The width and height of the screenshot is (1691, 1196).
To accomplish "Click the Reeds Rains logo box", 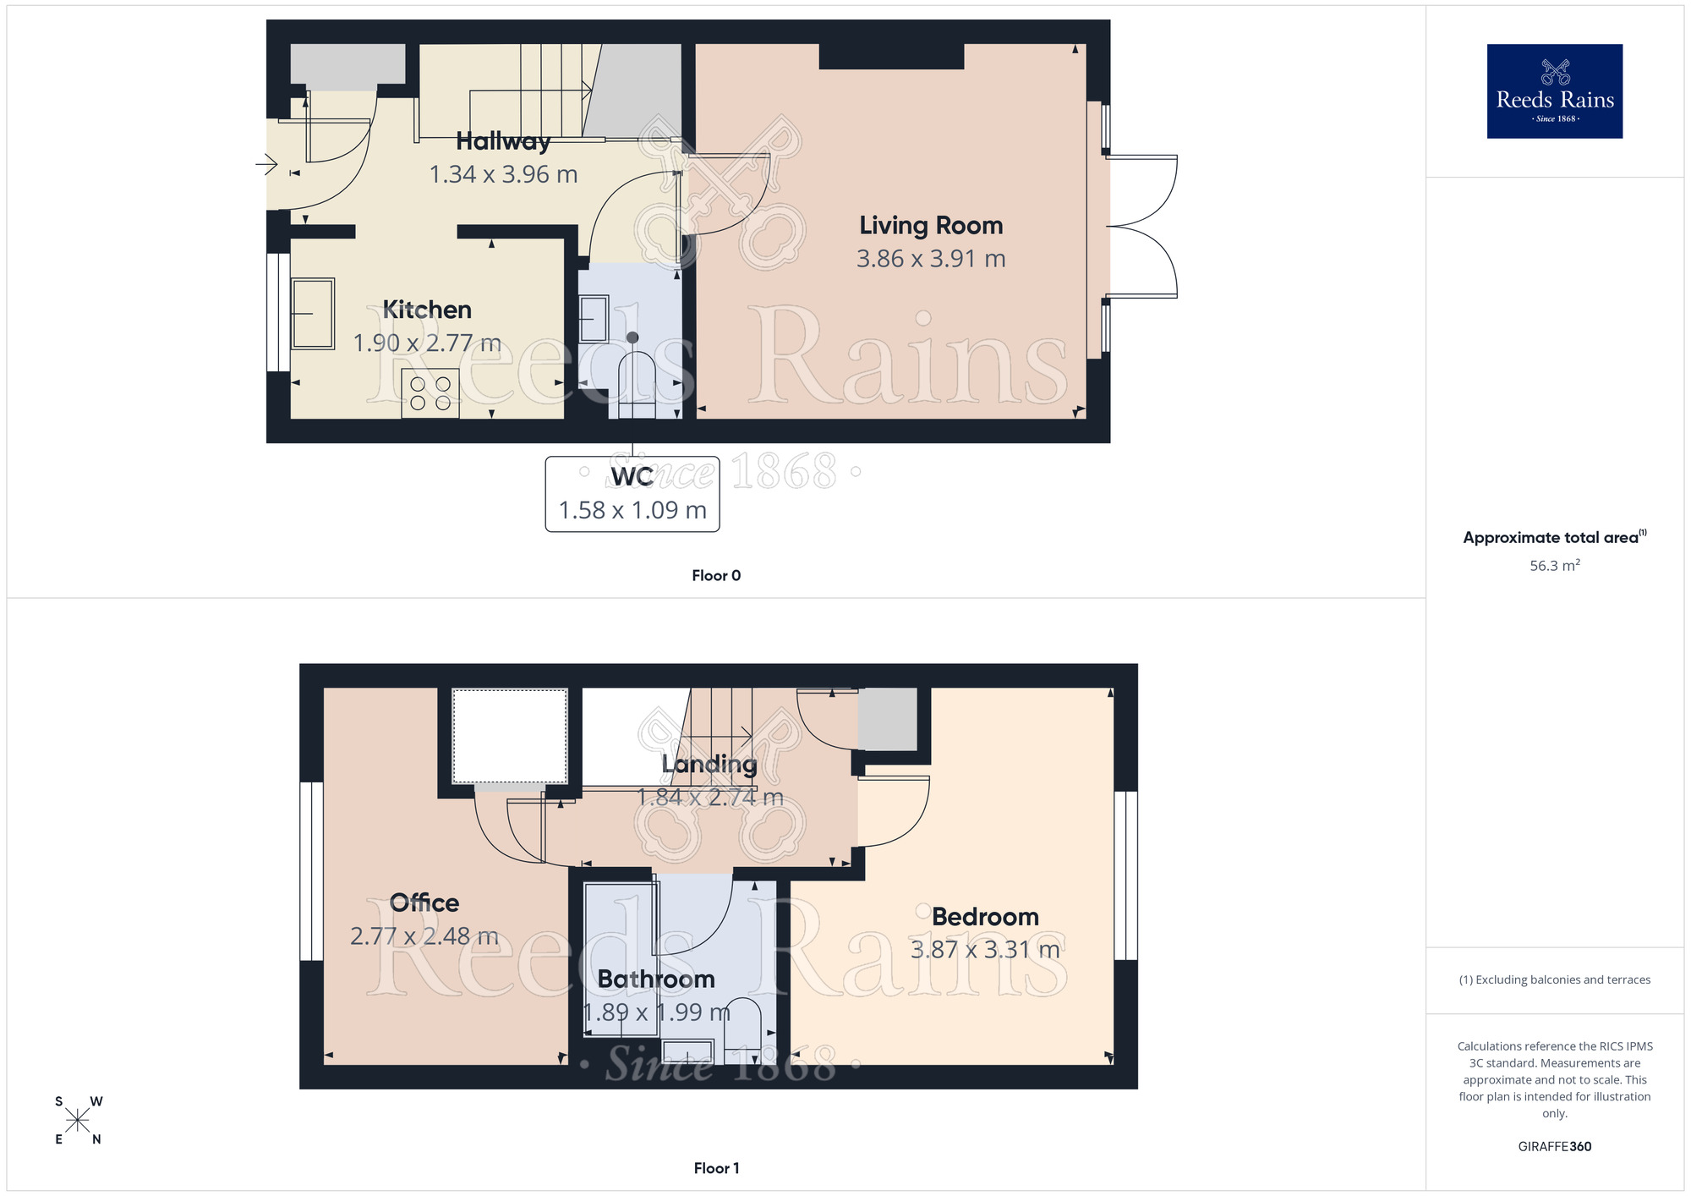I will click(1554, 91).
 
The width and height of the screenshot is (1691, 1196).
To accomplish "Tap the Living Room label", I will click(931, 226).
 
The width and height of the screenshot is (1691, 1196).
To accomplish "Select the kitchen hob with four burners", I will click(430, 393).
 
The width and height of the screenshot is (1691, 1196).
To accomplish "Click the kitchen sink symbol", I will click(313, 314).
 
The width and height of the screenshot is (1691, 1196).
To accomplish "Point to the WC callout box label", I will click(632, 478).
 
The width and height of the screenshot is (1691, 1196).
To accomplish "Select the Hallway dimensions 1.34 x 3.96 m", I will click(503, 175).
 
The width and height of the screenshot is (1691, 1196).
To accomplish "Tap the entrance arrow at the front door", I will click(266, 164).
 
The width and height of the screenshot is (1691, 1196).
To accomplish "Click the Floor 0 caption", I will click(716, 576).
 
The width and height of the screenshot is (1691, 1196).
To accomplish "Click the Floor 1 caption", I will click(716, 1168).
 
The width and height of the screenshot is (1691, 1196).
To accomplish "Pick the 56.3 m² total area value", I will click(1554, 566).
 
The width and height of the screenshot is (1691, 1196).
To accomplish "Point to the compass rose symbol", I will click(78, 1121).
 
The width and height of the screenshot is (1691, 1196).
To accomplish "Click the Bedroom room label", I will click(985, 917).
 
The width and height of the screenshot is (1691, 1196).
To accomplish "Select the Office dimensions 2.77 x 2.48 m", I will click(424, 937).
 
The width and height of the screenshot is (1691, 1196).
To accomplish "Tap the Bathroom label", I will click(656, 979).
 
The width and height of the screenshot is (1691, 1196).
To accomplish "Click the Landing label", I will click(709, 765).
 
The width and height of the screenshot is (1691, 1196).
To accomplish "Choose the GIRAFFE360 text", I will click(1554, 1147).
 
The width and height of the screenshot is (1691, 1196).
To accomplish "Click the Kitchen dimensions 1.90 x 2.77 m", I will click(427, 343).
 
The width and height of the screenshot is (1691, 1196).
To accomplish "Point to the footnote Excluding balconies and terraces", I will click(1554, 980).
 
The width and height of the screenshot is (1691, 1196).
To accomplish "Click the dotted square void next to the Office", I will click(510, 736).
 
